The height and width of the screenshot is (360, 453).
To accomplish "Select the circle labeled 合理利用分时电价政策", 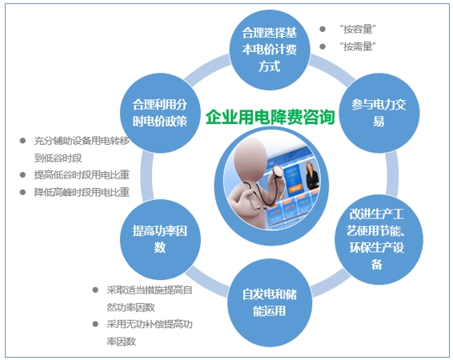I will (160, 112).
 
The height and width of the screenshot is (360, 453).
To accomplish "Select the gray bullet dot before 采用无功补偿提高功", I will (96, 325).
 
